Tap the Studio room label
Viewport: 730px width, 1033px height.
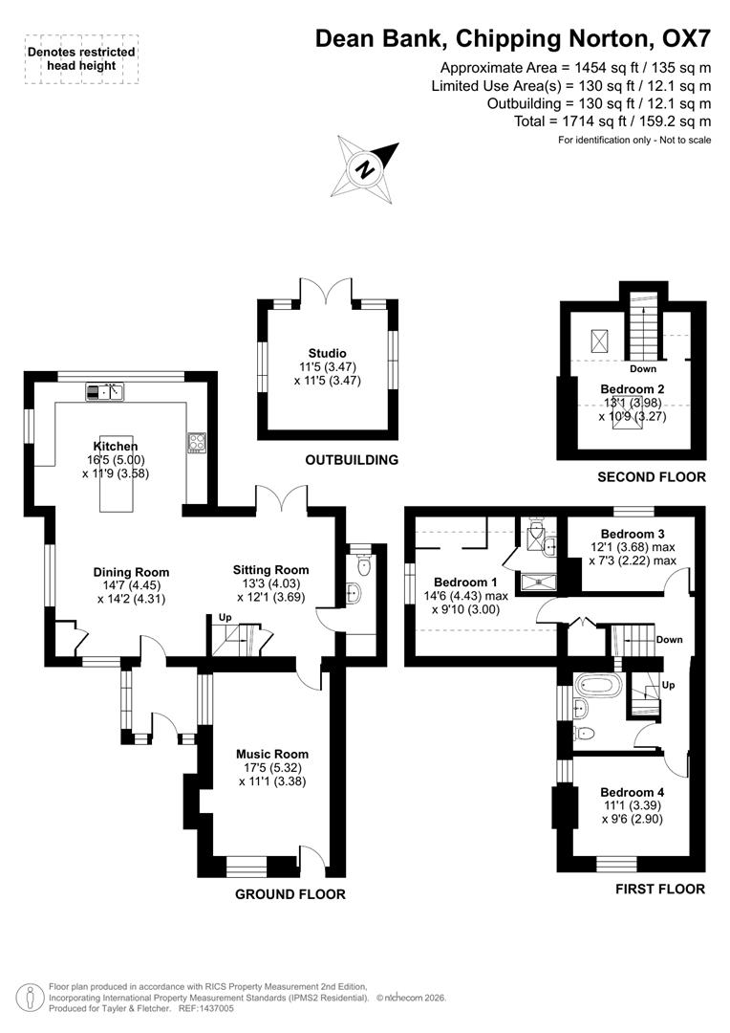pyautogui.click(x=327, y=353)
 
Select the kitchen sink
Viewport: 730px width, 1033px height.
pyautogui.click(x=106, y=390)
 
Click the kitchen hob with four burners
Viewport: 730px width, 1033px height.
pyautogui.click(x=196, y=442)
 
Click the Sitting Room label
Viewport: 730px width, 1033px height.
pyautogui.click(x=270, y=570)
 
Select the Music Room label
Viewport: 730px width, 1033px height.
pyautogui.click(x=272, y=754)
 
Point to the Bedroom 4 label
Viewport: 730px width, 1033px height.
pyautogui.click(x=632, y=792)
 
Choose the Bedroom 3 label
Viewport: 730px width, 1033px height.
pyautogui.click(x=632, y=533)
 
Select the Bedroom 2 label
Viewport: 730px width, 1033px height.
pyautogui.click(x=632, y=389)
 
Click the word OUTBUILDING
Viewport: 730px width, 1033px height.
pyautogui.click(x=351, y=460)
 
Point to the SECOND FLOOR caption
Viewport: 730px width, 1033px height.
pyautogui.click(x=651, y=476)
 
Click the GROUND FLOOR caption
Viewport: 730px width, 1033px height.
pyautogui.click(x=290, y=894)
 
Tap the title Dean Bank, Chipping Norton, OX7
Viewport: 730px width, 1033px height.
pyautogui.click(x=513, y=38)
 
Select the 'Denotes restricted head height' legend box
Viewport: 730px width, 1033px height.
pyautogui.click(x=81, y=58)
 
